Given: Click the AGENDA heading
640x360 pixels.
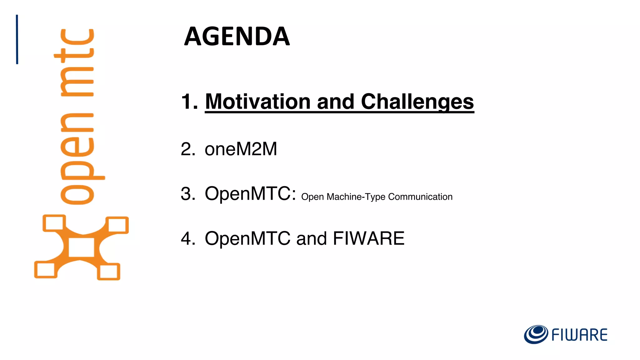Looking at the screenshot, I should (237, 36).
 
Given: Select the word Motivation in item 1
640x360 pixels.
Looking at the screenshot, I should (257, 102).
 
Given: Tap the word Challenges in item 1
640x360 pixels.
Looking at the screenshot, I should (417, 102).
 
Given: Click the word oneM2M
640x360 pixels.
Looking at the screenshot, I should (241, 149).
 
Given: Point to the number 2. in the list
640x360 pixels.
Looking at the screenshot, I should (188, 149).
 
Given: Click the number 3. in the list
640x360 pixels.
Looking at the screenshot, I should (188, 194).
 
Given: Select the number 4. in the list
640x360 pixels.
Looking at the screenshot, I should (188, 238).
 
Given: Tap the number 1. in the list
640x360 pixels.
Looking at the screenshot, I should (189, 102).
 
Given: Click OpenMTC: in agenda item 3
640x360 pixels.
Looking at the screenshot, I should (250, 193).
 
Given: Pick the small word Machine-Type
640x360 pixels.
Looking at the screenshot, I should (356, 197).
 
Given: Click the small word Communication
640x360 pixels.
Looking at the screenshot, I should (420, 197).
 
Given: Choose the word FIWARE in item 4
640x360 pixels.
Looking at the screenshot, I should (368, 238).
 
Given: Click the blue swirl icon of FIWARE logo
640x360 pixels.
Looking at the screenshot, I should (536, 334).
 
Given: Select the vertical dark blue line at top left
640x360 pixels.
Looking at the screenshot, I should (17, 39).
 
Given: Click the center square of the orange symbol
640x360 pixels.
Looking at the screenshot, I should (81, 247).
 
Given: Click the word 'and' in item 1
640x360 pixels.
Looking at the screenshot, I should (335, 102).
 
